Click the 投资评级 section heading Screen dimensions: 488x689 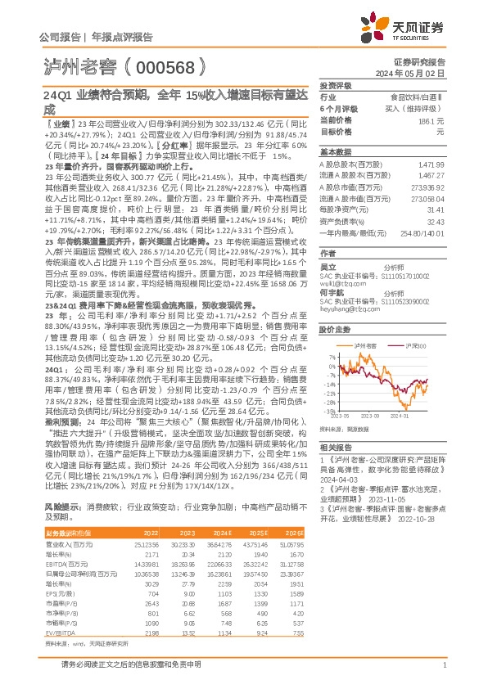(336, 85)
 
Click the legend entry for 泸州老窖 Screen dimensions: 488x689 (365, 346)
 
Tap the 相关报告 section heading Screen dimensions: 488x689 (336, 447)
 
